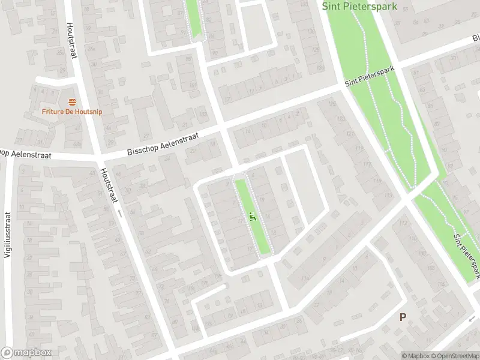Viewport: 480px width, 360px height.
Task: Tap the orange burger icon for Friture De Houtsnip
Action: point(72,101)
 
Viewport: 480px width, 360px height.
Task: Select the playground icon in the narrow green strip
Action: point(253,217)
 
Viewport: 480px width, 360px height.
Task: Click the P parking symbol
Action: point(403,317)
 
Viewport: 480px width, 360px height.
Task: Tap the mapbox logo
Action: point(25,353)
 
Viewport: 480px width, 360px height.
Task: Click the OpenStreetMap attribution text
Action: point(456,356)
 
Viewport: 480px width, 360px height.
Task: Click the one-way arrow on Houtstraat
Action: point(119,213)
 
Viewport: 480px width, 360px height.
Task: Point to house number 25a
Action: point(61,53)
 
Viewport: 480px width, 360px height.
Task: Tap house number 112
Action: point(403,224)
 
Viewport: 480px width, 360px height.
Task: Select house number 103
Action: point(202,114)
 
